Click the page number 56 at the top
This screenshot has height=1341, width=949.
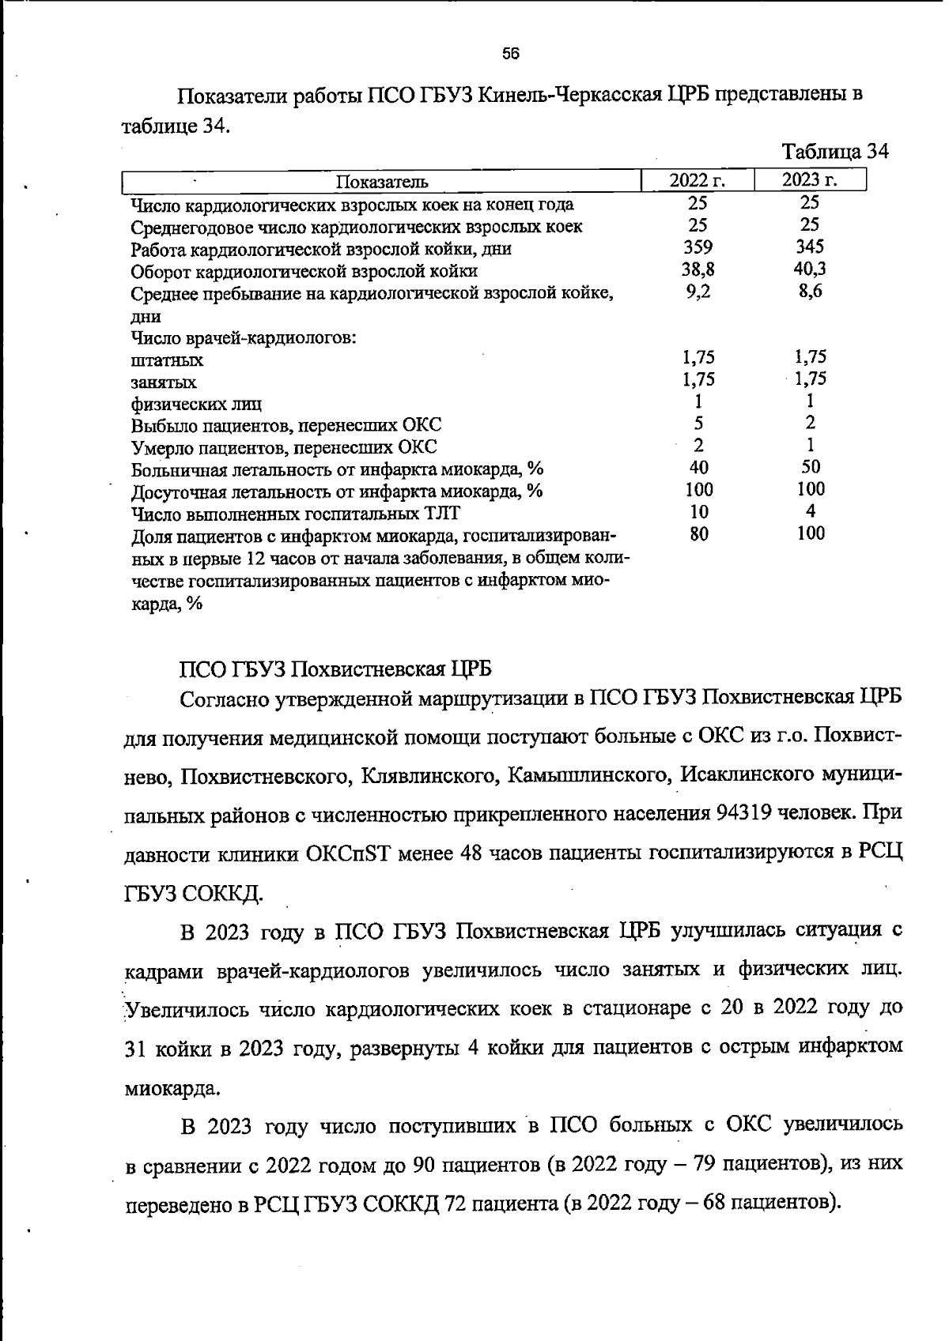(x=510, y=54)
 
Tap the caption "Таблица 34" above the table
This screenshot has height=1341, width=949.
(x=835, y=151)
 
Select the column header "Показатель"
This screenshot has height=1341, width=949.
(x=382, y=182)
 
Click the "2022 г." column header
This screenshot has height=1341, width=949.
(x=697, y=180)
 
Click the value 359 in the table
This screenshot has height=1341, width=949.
(x=698, y=247)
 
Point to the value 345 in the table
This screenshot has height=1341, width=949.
(x=810, y=247)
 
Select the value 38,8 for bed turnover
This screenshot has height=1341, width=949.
(x=698, y=269)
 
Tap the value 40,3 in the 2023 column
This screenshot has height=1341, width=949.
(x=810, y=269)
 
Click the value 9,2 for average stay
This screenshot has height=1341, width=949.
(x=698, y=292)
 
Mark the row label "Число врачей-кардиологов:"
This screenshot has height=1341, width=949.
(x=244, y=338)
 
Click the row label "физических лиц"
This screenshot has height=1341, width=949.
(x=196, y=405)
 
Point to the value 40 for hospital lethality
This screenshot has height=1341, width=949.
(x=698, y=467)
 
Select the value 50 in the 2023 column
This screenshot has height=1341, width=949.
(x=811, y=466)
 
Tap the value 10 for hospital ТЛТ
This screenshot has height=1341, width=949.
(x=698, y=511)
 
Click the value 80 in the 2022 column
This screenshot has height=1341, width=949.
(x=698, y=533)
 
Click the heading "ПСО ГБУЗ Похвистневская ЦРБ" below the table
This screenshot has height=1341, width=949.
(x=336, y=669)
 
